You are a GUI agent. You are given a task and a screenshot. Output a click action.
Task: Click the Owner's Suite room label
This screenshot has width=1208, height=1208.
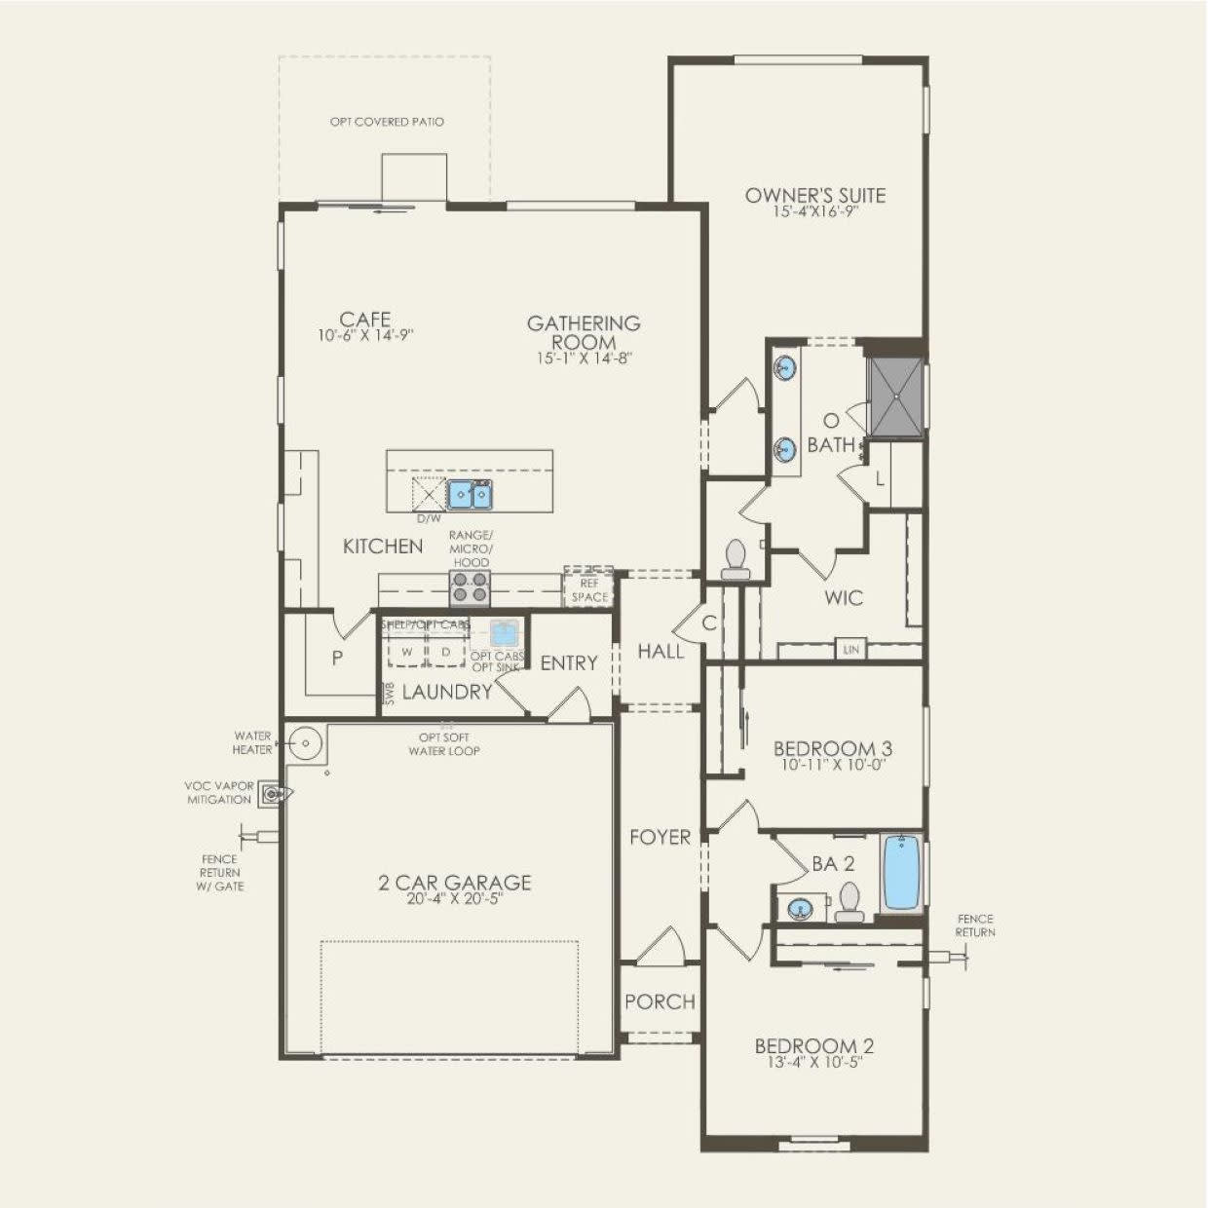coord(815,195)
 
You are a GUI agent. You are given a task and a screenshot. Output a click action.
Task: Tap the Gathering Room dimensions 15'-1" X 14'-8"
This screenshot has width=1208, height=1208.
coord(584,359)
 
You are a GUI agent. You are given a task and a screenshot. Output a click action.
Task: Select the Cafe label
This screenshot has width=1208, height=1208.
coord(365,320)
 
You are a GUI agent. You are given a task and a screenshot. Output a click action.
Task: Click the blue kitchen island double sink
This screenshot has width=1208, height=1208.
coord(470,495)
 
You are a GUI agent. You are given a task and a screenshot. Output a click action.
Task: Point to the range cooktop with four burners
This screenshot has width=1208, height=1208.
coord(470,587)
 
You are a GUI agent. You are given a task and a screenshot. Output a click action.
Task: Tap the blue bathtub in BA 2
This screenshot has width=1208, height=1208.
coord(902,872)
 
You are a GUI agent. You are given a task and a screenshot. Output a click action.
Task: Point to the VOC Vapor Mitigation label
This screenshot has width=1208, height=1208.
coord(218,793)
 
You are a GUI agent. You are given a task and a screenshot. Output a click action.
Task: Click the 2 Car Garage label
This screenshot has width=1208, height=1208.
coord(454,883)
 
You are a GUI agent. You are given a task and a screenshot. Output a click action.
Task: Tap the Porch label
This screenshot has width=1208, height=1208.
coord(660,1001)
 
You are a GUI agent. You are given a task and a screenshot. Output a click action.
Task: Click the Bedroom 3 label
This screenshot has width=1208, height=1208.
coord(833,748)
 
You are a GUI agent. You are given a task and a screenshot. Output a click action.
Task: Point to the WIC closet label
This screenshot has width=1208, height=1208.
coord(843,597)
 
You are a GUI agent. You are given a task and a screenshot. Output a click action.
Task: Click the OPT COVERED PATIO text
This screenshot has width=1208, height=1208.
coord(387,122)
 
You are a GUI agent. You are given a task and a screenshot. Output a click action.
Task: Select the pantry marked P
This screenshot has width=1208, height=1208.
coord(337,658)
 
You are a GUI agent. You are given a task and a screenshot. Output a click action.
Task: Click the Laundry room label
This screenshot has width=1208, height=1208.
coord(447,692)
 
